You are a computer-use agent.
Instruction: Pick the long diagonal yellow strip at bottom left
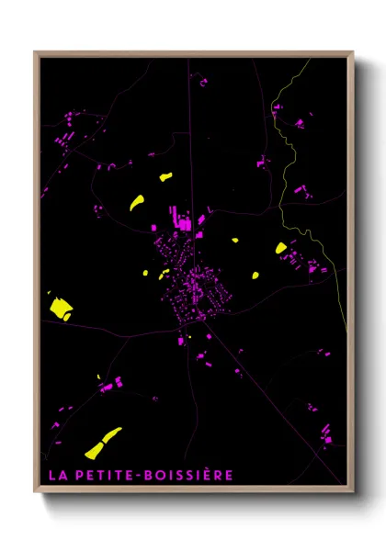(103, 442)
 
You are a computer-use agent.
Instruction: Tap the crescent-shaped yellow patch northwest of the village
(136, 202)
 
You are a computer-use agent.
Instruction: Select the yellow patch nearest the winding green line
(281, 247)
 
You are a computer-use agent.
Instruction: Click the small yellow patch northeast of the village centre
(234, 241)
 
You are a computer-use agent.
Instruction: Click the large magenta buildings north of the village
(181, 220)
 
